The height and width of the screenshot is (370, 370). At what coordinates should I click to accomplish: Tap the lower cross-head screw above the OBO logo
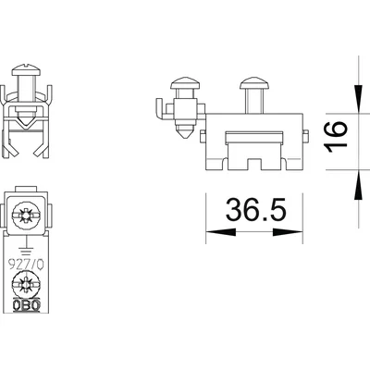(28, 282)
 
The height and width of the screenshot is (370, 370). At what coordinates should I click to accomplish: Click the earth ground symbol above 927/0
(28, 245)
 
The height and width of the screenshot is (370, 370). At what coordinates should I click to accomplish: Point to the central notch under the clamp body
(253, 165)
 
